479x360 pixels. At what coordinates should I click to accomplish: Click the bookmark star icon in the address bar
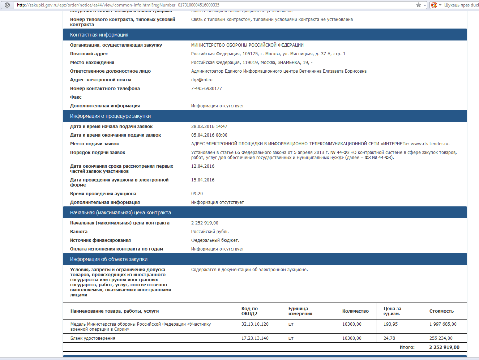pos(419,5)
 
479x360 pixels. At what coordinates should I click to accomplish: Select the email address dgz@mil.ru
pos(202,80)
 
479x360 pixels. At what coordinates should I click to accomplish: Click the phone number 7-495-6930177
pos(206,89)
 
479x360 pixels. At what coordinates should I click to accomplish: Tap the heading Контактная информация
pos(99,35)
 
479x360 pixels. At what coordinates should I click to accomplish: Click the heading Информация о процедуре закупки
pos(110,116)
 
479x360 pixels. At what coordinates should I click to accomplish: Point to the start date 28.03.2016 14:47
pos(209,127)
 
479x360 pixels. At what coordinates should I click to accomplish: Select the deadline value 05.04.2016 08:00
pos(209,135)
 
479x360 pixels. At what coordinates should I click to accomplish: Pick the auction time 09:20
pos(197,194)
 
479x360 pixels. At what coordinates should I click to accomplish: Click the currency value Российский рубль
pos(210,232)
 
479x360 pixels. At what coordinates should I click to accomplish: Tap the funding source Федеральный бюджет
pos(215,240)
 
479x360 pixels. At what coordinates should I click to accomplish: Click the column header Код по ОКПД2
pos(249,311)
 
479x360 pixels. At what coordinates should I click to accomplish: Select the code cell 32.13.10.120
pos(255,324)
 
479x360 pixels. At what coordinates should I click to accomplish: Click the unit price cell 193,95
pos(390,324)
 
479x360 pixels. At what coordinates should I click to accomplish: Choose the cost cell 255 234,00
pos(441,338)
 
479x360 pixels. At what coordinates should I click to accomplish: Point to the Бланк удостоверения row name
pos(93,338)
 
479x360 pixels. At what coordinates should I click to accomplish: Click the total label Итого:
pos(407,347)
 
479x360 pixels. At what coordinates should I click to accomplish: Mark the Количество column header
pos(355,311)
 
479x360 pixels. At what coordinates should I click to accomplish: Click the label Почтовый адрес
pos(89,54)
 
